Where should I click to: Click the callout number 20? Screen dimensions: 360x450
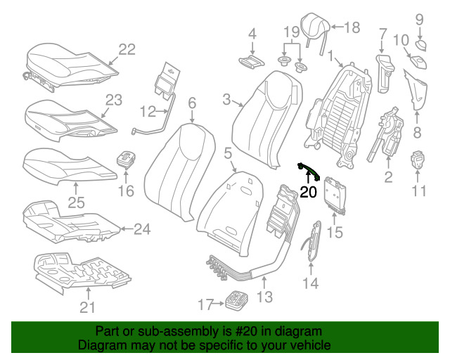point(309,191)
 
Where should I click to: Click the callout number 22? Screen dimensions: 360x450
point(127,49)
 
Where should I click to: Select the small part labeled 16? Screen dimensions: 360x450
point(126,158)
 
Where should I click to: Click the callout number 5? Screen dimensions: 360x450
point(227,153)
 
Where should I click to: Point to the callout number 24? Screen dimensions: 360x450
point(142,229)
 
